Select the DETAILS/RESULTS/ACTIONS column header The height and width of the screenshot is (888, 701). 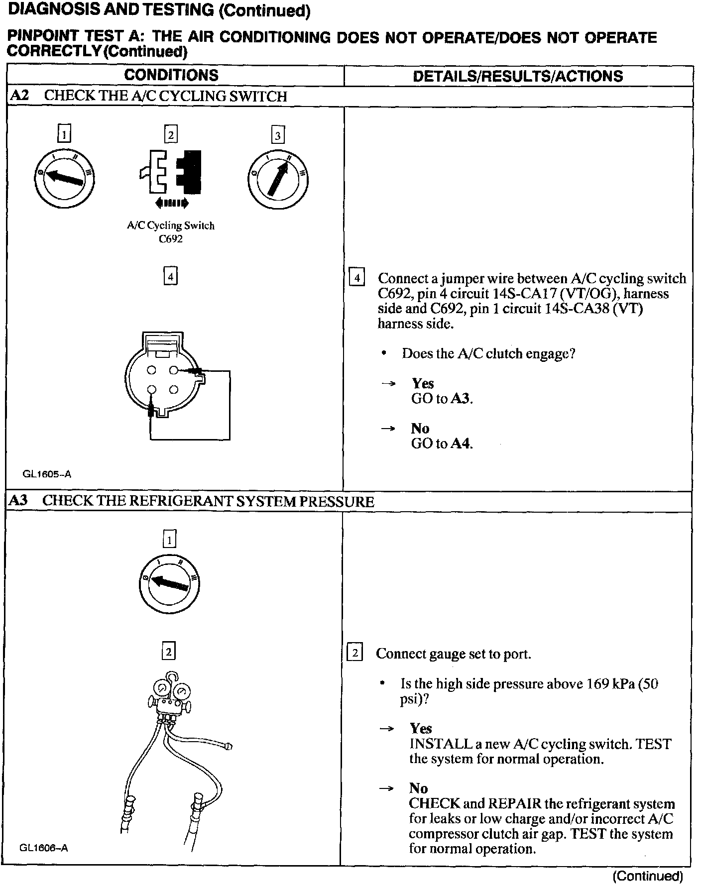518,76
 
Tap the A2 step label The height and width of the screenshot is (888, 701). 19,96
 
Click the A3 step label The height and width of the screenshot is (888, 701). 18,501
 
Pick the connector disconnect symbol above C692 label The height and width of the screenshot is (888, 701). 171,172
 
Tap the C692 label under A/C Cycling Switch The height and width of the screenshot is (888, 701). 171,239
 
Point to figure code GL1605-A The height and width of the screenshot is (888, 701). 47,474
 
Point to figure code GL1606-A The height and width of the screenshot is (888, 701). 44,848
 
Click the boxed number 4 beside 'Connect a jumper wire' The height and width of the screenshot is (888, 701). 357,277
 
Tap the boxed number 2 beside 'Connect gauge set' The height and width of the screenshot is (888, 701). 354,653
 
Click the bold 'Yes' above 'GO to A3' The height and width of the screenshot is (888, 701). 422,383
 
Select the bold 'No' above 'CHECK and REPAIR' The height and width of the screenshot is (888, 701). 418,788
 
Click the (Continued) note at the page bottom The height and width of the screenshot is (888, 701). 647,876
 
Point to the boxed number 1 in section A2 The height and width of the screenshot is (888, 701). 64,134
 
